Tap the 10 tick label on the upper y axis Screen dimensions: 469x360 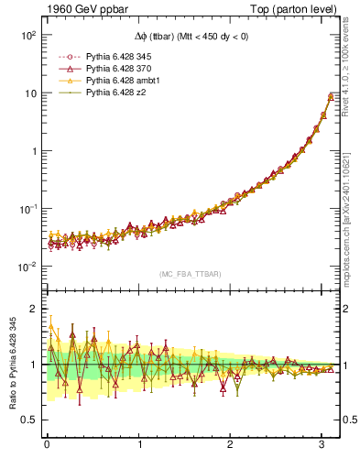click(29, 93)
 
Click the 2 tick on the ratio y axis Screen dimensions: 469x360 click(34, 309)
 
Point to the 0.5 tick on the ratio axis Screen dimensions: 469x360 click(29, 420)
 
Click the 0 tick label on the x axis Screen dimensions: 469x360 click(47, 444)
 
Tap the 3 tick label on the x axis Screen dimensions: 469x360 click(322, 444)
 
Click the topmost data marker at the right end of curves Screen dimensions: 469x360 click(331, 95)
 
